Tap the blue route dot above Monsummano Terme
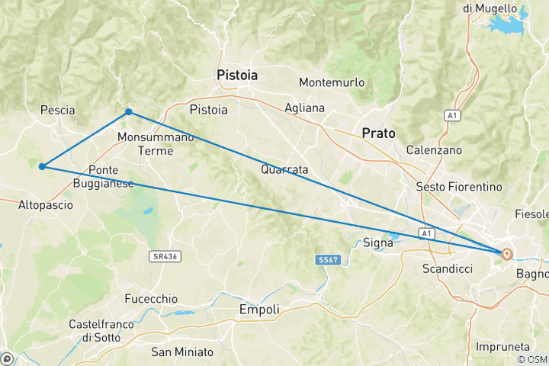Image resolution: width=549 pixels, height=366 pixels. click(x=129, y=112)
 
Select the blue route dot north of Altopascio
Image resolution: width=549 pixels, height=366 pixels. click(x=42, y=166)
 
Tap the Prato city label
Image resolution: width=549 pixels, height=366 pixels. click(x=379, y=133)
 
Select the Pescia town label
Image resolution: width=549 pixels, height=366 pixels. click(x=57, y=110)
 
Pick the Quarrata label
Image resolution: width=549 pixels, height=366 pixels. click(x=284, y=169)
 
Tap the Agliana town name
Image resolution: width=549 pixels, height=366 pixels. click(x=303, y=108)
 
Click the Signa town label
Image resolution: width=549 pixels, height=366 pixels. click(x=377, y=242)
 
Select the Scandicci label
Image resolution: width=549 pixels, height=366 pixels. click(x=448, y=268)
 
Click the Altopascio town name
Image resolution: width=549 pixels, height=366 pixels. click(x=47, y=204)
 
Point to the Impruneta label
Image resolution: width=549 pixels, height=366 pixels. click(x=502, y=346)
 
